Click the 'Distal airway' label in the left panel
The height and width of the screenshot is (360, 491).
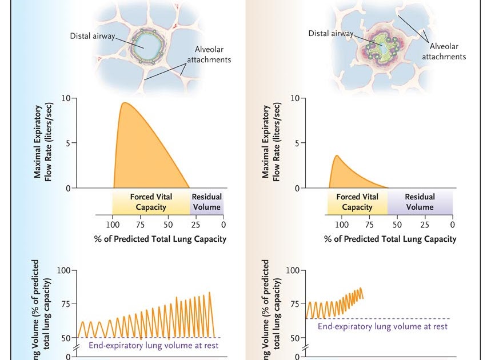pyautogui.click(x=93, y=36)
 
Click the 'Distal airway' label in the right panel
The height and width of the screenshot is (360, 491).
pyautogui.click(x=330, y=33)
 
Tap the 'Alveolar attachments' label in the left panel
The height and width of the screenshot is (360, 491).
pyautogui.click(x=209, y=54)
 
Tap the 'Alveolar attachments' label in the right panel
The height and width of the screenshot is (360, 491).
pyautogui.click(x=444, y=51)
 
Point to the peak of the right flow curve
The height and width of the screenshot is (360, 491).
pyautogui.click(x=337, y=155)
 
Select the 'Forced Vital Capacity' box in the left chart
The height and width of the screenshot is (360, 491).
pyautogui.click(x=151, y=202)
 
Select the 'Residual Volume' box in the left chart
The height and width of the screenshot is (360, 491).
pyautogui.click(x=206, y=202)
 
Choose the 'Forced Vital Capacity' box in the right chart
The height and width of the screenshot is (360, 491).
pyautogui.click(x=357, y=202)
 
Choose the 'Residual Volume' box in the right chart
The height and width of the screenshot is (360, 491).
pyautogui.click(x=420, y=202)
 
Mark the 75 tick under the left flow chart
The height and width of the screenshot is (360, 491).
pyautogui.click(x=141, y=224)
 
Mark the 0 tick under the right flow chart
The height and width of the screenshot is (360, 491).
pyautogui.click(x=452, y=224)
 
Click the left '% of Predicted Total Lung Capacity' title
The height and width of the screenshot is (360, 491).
pyautogui.click(x=160, y=239)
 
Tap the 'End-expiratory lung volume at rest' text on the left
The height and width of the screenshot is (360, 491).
pyautogui.click(x=154, y=345)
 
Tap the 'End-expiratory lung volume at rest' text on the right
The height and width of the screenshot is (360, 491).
pyautogui.click(x=382, y=326)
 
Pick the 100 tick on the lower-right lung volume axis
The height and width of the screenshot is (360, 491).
pyautogui.click(x=292, y=270)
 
